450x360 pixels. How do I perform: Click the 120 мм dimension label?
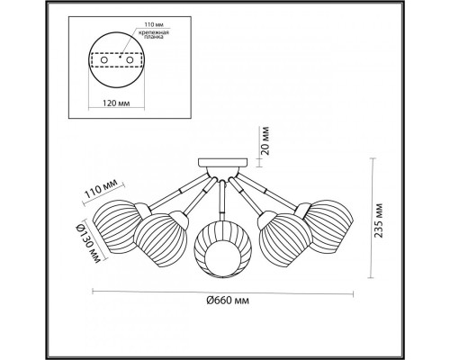[x=116, y=103]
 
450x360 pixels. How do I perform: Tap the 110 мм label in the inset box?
[x=154, y=25]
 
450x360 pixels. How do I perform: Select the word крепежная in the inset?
[x=154, y=32]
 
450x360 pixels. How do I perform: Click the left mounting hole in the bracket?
[x=104, y=60]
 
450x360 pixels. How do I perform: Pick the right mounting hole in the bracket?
[x=130, y=60]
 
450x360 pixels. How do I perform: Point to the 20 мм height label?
[x=265, y=140]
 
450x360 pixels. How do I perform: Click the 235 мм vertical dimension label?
[x=379, y=220]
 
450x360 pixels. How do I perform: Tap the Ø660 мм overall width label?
[x=228, y=300]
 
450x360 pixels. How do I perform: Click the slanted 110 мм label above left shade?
[x=103, y=190]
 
